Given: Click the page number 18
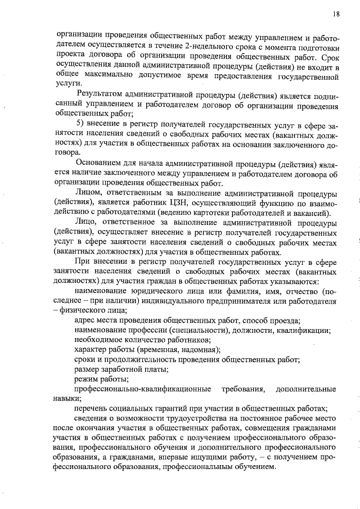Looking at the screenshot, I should [336, 13].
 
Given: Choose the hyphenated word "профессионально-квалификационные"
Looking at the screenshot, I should [143, 389].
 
